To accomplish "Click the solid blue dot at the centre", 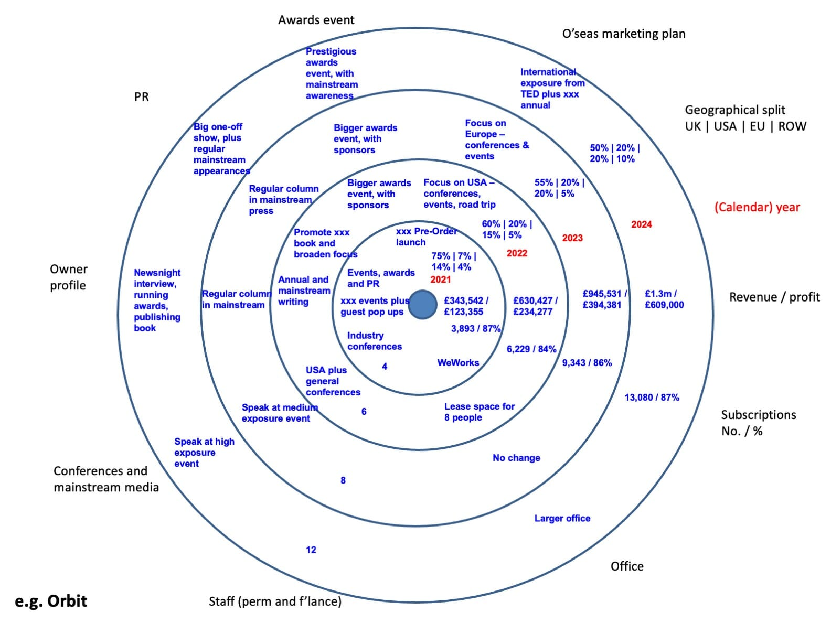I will (x=422, y=305).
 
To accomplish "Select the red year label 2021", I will (x=440, y=280).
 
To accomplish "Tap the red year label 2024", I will (x=641, y=224).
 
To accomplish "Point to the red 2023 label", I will (x=572, y=238).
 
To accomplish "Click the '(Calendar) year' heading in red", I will (x=757, y=207).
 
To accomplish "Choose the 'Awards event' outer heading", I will (x=316, y=20).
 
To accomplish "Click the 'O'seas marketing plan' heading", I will (x=623, y=34).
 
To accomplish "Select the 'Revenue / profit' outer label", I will (x=774, y=297).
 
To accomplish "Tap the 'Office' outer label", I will (x=627, y=566).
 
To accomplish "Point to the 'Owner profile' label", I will (x=68, y=277).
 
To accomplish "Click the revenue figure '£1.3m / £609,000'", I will (x=664, y=299).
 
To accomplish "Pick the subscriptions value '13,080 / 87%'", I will (x=652, y=398).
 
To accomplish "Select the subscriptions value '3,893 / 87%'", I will (x=475, y=329).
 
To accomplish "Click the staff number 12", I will (x=311, y=550).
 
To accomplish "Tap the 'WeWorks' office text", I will (x=458, y=363).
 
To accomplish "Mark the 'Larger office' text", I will (x=562, y=519).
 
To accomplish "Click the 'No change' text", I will (x=516, y=458).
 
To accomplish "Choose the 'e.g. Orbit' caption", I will (x=51, y=601).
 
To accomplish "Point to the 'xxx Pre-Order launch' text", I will (x=425, y=237).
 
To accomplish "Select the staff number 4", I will (x=385, y=367).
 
